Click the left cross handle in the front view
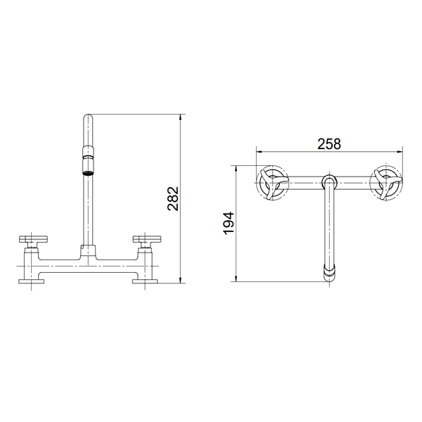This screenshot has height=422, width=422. click(x=33, y=240)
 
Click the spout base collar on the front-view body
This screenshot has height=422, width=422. click(x=89, y=249)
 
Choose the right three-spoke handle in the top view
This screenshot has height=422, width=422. click(x=387, y=185)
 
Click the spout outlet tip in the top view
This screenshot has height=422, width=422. click(x=328, y=273)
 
